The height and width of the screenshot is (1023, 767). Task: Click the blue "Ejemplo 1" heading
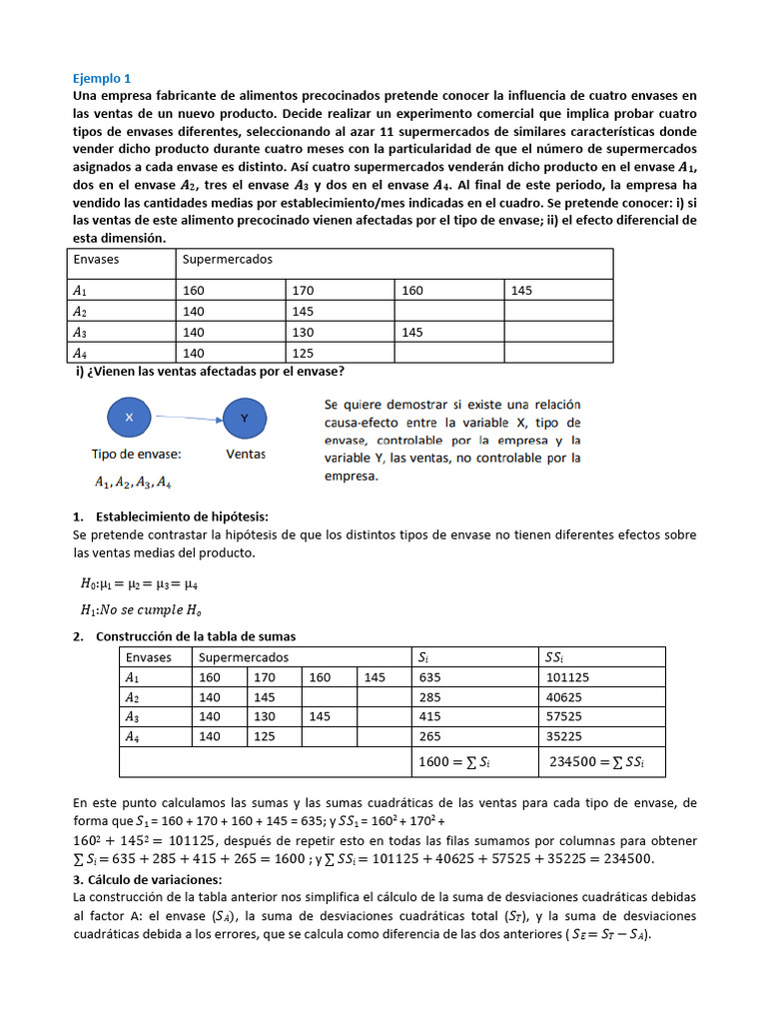point(102,78)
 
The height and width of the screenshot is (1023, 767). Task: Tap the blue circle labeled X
point(129,418)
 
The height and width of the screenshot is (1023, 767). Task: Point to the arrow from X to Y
point(187,419)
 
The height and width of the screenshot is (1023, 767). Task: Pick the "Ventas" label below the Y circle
point(245,454)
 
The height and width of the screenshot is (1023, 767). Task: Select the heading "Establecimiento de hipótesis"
point(182,516)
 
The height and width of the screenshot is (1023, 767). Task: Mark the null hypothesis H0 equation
point(146,584)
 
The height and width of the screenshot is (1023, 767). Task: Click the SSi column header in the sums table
point(554,656)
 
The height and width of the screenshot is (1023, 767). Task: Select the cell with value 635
point(432,676)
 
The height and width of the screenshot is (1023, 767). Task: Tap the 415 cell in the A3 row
point(432,716)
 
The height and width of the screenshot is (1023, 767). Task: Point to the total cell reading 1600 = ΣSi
point(454,762)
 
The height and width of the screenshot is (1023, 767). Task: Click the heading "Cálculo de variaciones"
point(148,879)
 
